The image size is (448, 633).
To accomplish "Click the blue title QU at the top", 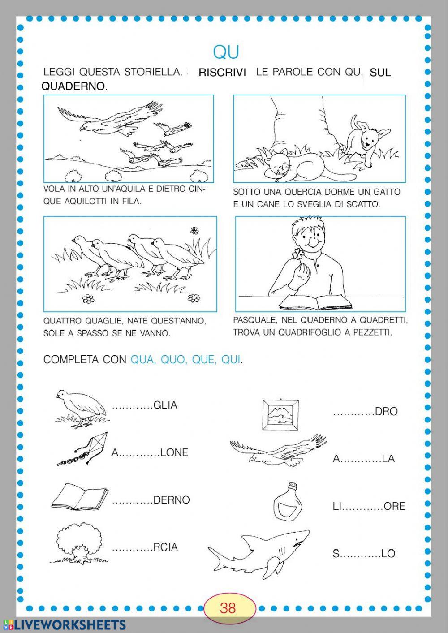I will [226, 52].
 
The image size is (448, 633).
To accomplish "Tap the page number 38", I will [228, 607].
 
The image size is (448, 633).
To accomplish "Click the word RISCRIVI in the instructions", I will [222, 73].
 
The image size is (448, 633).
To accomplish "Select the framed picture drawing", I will [280, 415].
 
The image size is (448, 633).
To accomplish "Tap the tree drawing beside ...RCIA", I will [78, 543].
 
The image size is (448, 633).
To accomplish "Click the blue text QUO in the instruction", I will [172, 360].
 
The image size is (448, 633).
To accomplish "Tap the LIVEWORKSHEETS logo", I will [65, 625].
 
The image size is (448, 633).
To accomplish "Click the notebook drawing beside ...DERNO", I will [80, 496].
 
